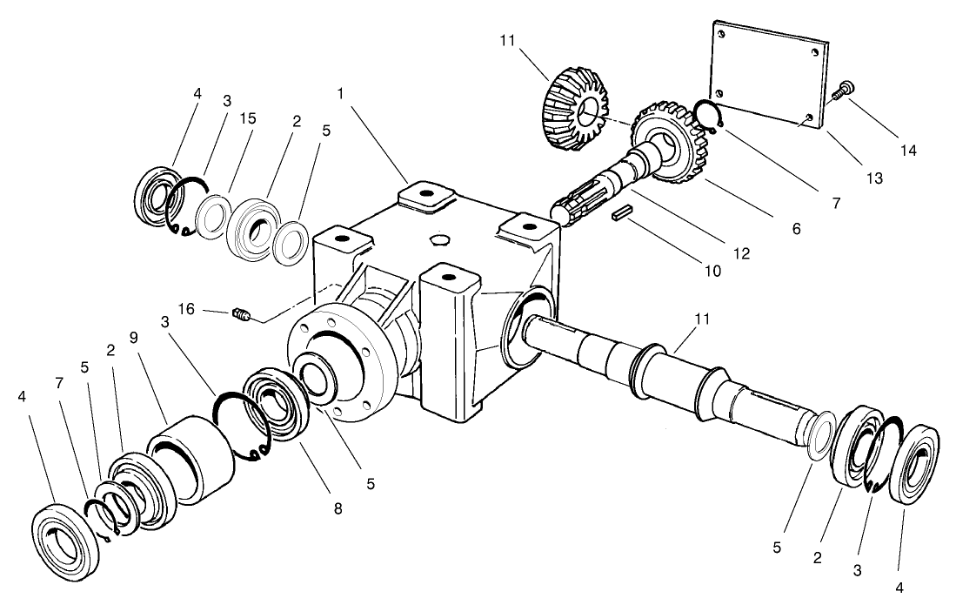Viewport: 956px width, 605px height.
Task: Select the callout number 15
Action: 249,118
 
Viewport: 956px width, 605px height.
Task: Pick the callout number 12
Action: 741,253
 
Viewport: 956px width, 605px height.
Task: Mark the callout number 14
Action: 909,149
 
